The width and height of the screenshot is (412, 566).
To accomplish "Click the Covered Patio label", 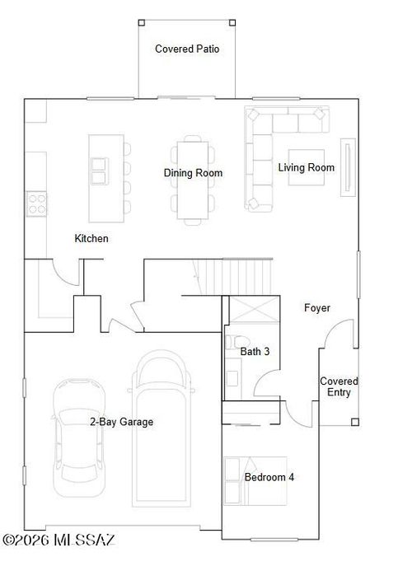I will [187, 49].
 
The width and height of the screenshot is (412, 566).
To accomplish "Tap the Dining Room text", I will [193, 173].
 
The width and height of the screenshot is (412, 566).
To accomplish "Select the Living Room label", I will [306, 168].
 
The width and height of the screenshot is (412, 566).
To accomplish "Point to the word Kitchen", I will [91, 239].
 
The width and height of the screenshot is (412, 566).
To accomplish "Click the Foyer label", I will [317, 308].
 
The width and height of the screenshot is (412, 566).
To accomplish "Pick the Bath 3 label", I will [255, 352].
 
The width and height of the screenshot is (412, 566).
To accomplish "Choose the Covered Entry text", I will [339, 387].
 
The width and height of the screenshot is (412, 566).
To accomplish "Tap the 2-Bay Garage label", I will [121, 422].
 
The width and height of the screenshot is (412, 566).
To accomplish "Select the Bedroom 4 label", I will [269, 478].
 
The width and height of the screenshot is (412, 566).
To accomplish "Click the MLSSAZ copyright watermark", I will [59, 541].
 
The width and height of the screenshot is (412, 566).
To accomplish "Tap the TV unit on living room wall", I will [348, 169].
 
